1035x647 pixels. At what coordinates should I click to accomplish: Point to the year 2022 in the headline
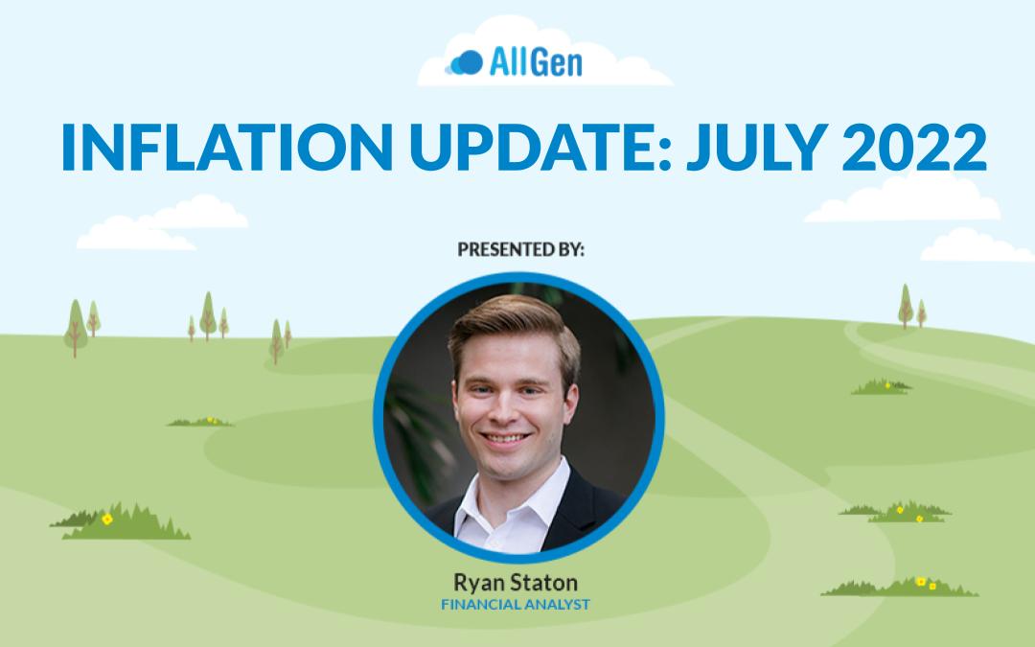pyautogui.click(x=914, y=147)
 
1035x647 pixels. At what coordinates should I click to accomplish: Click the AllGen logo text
pyautogui.click(x=536, y=62)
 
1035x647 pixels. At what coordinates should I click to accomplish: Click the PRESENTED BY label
pyautogui.click(x=520, y=249)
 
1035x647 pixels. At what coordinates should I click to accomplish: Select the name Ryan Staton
pyautogui.click(x=516, y=583)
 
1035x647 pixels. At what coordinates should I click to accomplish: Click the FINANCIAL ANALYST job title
pyautogui.click(x=516, y=604)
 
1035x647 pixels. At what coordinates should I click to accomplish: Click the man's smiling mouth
pyautogui.click(x=505, y=438)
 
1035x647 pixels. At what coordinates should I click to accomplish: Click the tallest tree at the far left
pyautogui.click(x=76, y=328)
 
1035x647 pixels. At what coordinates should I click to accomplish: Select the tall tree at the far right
pyautogui.click(x=906, y=306)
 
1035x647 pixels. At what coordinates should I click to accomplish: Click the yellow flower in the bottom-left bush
pyautogui.click(x=107, y=520)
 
